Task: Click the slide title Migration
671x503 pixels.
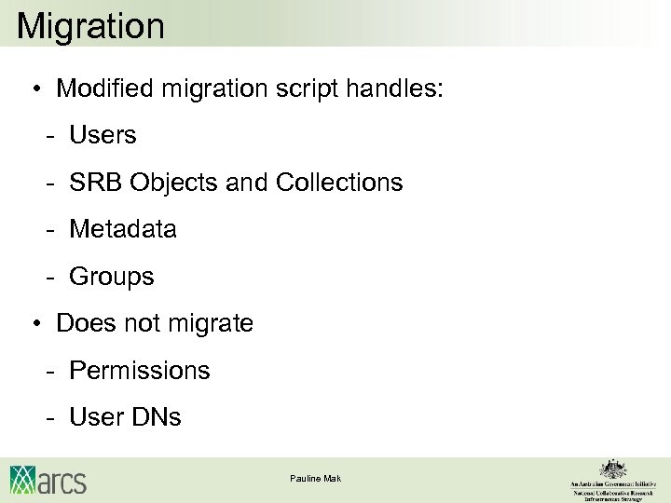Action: (90, 25)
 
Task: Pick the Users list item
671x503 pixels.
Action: (103, 136)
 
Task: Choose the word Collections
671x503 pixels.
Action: (339, 183)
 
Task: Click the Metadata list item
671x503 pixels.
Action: (123, 229)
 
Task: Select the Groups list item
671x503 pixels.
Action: (112, 277)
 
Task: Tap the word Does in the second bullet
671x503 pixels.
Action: (81, 323)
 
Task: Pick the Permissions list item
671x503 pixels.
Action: (140, 371)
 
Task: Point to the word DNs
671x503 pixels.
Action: (156, 417)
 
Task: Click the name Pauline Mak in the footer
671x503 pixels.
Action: (315, 478)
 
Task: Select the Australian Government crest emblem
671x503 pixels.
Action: (612, 469)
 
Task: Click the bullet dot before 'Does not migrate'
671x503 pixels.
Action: (35, 324)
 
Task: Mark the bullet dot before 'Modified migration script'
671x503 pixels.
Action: (35, 90)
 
